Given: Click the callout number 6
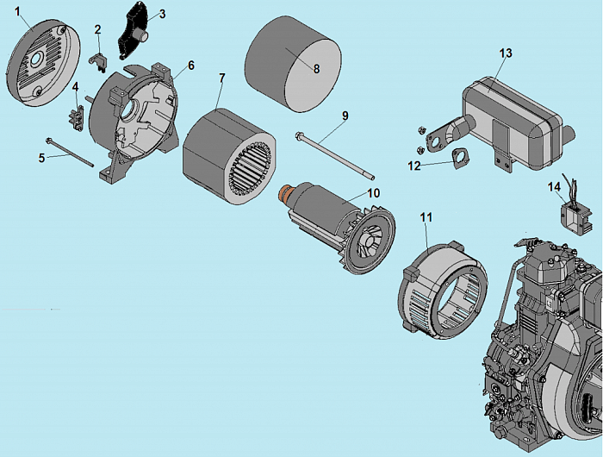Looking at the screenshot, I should pyautogui.click(x=190, y=65).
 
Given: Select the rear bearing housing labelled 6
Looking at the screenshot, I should pyautogui.click(x=142, y=121).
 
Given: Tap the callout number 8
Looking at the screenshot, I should pyautogui.click(x=316, y=70).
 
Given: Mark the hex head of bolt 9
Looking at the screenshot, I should pyautogui.click(x=298, y=135).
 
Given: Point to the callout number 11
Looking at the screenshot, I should pyautogui.click(x=426, y=217).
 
